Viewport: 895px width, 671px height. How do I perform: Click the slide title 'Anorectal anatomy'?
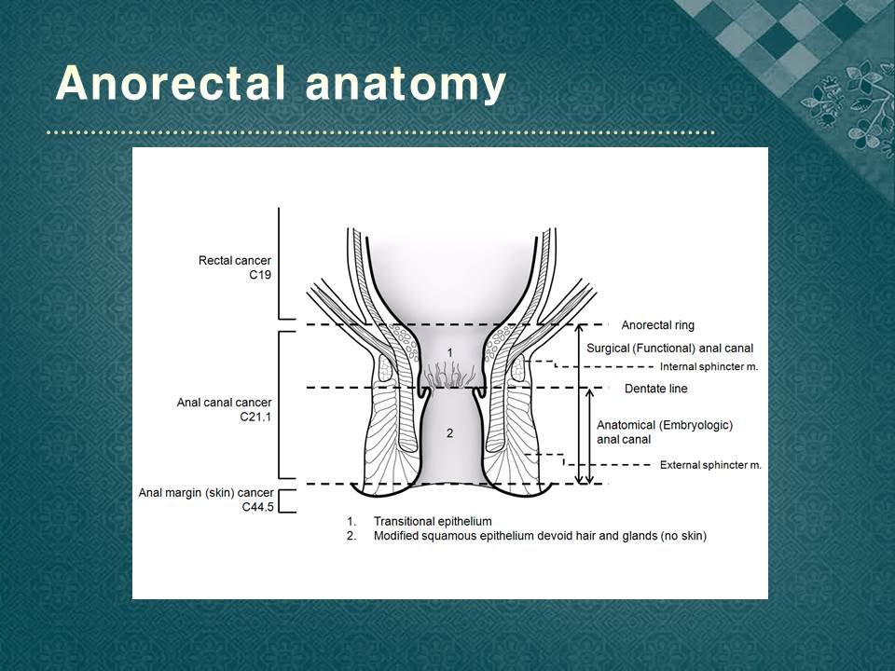point(281,84)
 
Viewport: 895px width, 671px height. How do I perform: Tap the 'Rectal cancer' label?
point(235,261)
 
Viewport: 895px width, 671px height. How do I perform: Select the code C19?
point(260,275)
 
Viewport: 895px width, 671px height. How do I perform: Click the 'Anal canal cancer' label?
point(224,403)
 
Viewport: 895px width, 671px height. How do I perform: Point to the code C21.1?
point(255,418)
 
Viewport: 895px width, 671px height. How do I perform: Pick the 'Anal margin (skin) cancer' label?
point(206,492)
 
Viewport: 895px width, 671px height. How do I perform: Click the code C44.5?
point(258,507)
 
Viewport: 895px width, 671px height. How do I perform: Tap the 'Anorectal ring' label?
point(657,325)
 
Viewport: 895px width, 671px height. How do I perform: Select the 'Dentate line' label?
point(655,389)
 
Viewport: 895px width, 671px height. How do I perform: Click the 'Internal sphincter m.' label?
point(709,367)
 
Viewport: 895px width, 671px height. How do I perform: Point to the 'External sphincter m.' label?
point(710,465)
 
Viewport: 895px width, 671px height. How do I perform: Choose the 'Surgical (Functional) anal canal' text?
point(670,348)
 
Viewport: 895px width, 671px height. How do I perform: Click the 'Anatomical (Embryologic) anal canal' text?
point(665,431)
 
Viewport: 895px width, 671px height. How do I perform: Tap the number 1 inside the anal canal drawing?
point(449,353)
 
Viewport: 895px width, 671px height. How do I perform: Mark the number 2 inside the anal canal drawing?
point(449,433)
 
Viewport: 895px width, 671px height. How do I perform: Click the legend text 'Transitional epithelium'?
point(433,521)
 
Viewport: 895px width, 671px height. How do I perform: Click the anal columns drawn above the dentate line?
point(449,375)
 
